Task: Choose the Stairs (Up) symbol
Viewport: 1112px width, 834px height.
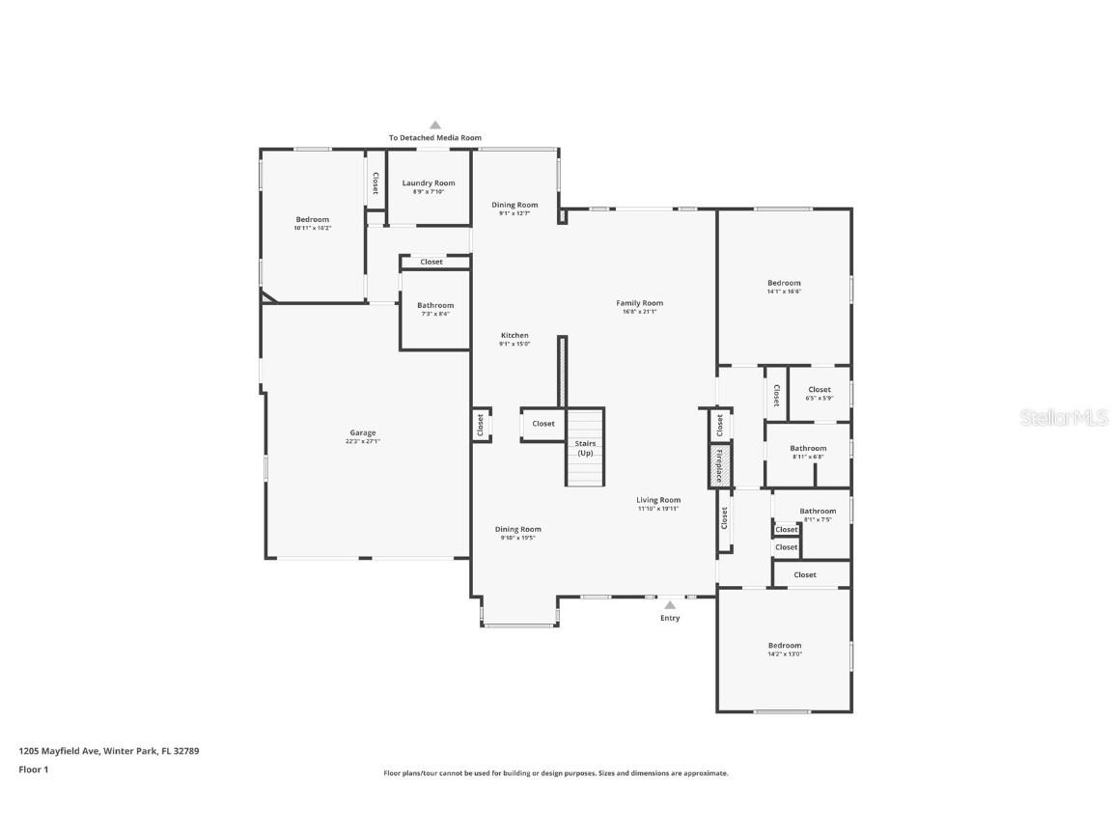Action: click(x=585, y=449)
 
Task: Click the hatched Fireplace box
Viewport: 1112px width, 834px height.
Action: click(x=719, y=464)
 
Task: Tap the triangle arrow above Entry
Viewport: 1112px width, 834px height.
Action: click(x=670, y=604)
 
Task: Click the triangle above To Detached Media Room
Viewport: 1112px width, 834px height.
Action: click(x=435, y=125)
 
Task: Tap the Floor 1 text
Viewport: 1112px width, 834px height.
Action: click(x=33, y=769)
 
